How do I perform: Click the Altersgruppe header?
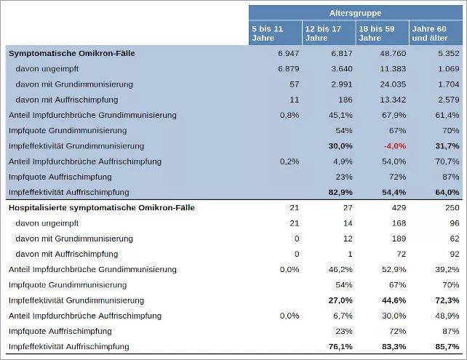click(x=355, y=13)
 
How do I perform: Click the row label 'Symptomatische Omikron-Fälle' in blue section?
click(x=71, y=53)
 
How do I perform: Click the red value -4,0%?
click(x=394, y=145)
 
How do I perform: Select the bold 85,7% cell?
click(x=447, y=346)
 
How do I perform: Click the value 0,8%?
click(x=290, y=115)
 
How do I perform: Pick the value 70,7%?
click(x=447, y=161)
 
